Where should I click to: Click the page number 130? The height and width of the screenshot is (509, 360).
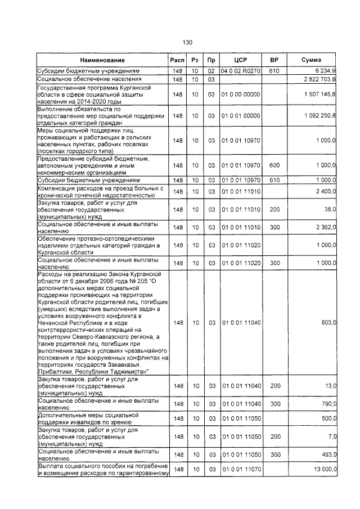[x=188, y=43]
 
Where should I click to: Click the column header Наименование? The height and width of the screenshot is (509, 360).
[x=102, y=60]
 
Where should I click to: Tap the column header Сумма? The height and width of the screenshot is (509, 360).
[x=311, y=60]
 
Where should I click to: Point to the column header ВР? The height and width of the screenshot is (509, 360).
[x=274, y=60]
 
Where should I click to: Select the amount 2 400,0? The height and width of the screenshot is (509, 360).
[x=326, y=192]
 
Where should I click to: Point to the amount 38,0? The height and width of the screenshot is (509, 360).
[x=329, y=209]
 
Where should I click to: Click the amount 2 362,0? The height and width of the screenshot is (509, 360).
[x=326, y=227]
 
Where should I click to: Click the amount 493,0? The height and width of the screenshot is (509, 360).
[x=328, y=454]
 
